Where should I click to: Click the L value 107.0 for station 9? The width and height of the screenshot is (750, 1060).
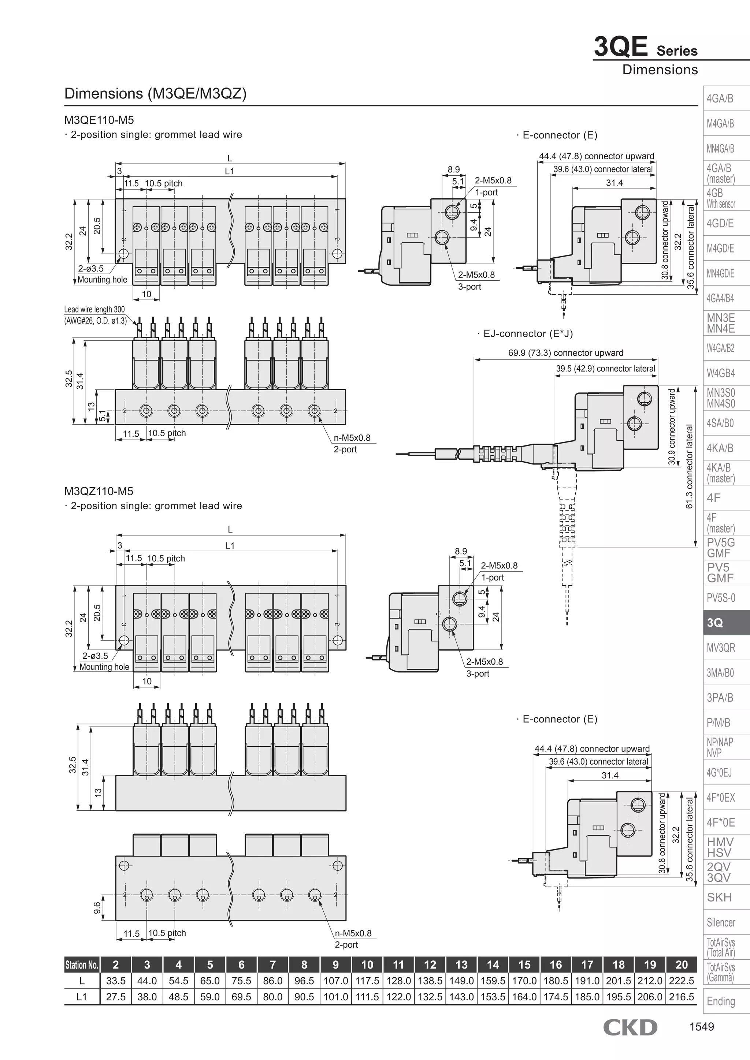[335, 980]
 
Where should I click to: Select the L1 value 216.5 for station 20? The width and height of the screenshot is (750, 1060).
[681, 997]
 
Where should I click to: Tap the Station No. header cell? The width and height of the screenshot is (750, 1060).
[82, 964]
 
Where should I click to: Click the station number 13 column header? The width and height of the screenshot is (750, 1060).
[461, 964]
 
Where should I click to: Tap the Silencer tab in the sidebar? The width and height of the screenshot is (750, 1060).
[721, 922]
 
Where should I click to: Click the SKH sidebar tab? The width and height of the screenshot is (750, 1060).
[719, 897]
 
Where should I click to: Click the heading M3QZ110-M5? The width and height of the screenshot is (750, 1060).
[99, 491]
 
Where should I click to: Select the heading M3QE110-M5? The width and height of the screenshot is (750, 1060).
[99, 120]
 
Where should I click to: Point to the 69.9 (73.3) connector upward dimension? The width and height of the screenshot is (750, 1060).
[565, 353]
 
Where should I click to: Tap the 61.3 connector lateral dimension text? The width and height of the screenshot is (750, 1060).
[690, 466]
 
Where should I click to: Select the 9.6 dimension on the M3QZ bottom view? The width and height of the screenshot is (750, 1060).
[97, 908]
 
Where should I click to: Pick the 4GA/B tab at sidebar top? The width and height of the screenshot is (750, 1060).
[720, 98]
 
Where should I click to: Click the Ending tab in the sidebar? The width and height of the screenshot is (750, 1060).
[720, 1001]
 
